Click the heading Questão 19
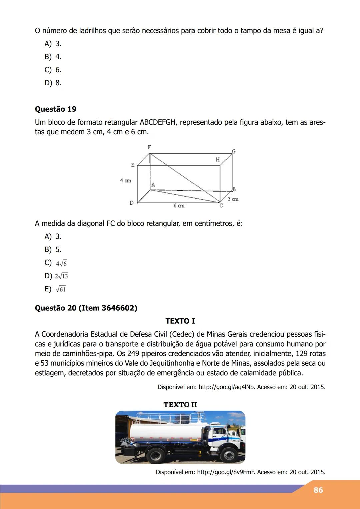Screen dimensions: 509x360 coord(55,109)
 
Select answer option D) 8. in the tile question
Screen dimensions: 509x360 coord(53,83)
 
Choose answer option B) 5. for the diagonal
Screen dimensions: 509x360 coord(53,249)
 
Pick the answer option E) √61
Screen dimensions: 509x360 coord(55,289)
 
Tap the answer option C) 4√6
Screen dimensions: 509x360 coord(56,263)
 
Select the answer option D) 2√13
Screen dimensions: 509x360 coord(56,276)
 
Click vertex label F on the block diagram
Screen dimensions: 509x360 coord(149,147)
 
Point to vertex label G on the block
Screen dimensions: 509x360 coord(234,151)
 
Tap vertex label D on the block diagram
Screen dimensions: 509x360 coord(131,203)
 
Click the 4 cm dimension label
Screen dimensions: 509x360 coord(126,180)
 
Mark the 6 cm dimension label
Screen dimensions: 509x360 coord(179,206)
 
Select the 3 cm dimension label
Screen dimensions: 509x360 coord(233,199)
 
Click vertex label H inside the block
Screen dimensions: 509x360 coord(218,160)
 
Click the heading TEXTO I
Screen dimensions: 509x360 coord(180,321)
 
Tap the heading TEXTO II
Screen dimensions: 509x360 coord(180,405)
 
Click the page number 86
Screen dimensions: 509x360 coord(318,490)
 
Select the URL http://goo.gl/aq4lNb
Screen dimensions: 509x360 coord(227,387)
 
